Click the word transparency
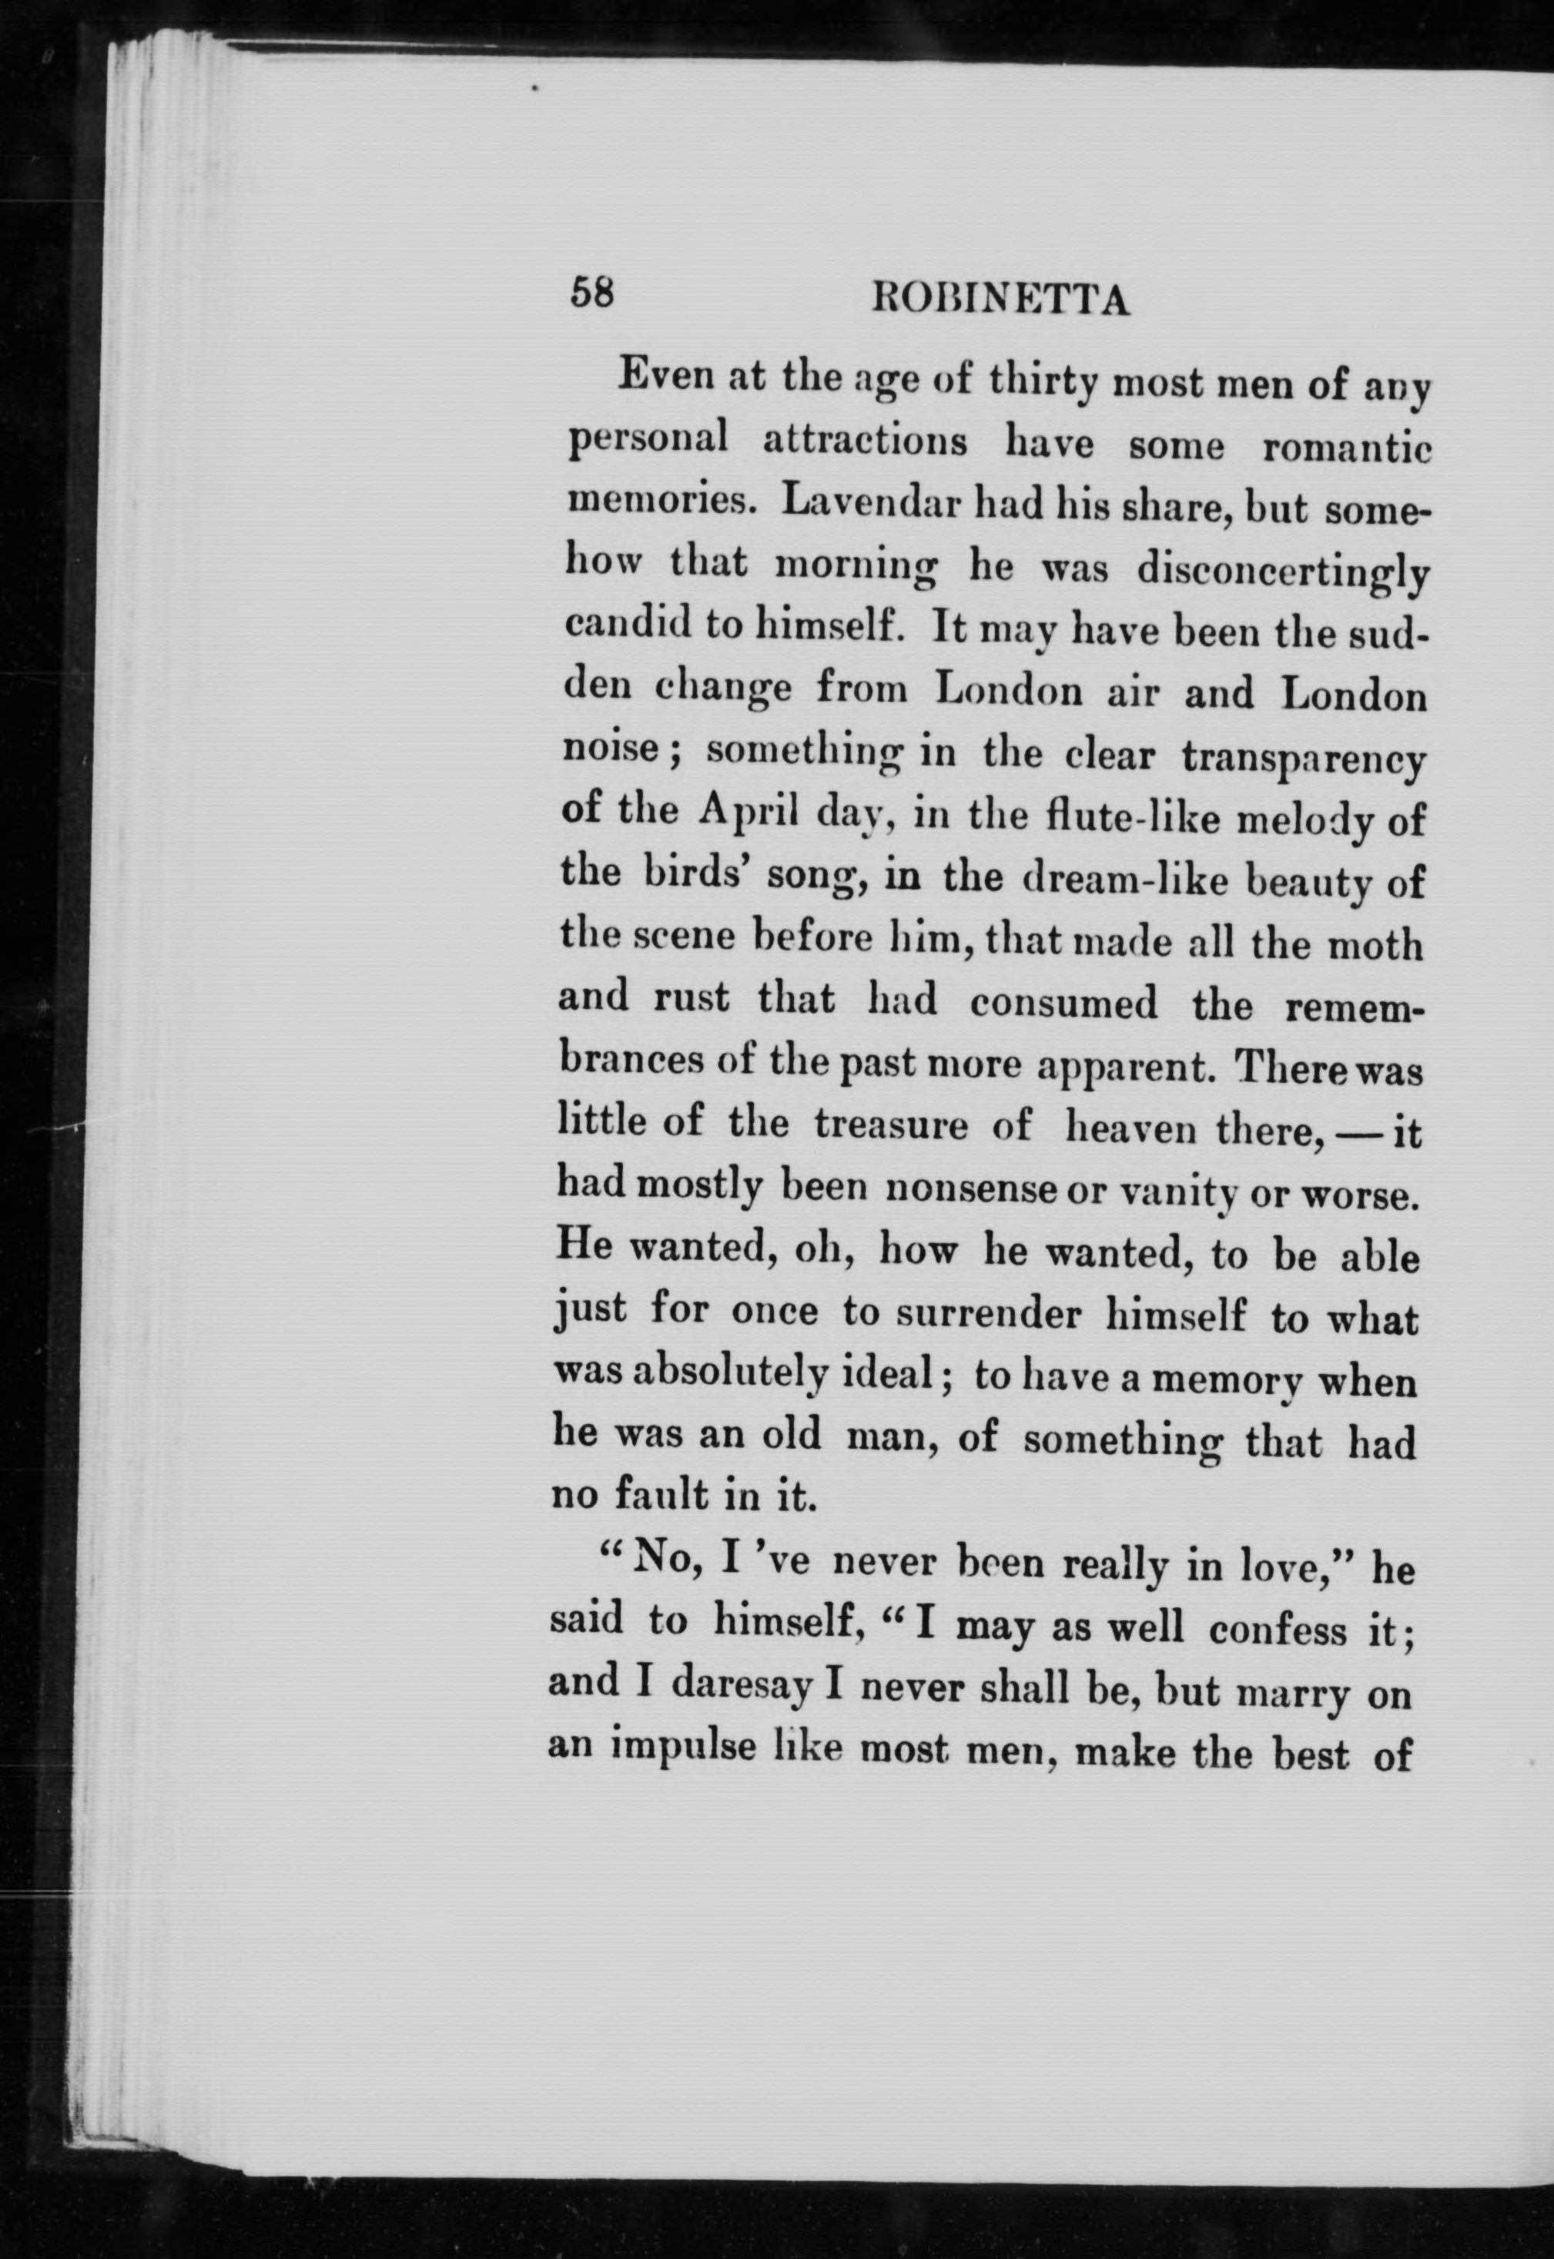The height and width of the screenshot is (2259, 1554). click(x=1303, y=759)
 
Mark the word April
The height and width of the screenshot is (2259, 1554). click(x=748, y=813)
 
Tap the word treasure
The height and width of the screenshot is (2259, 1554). click(x=891, y=1125)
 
